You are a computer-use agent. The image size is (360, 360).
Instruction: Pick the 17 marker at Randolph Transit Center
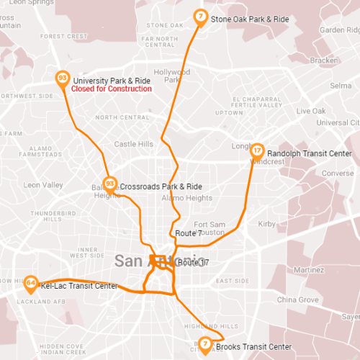(x=257, y=151)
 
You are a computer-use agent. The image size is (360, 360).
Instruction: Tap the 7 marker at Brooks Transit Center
(x=205, y=345)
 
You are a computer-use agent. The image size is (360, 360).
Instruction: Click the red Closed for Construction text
(x=112, y=89)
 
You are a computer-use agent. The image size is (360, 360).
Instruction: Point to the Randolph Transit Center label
(x=309, y=154)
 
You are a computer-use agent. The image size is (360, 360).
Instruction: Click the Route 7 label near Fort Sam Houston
(x=187, y=233)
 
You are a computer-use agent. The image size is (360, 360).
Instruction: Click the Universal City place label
(x=333, y=123)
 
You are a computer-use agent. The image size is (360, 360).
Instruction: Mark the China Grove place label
(x=297, y=299)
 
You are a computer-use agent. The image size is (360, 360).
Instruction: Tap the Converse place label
(x=338, y=174)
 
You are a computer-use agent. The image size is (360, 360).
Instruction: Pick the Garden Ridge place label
(x=339, y=30)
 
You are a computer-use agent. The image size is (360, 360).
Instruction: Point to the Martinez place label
(x=310, y=269)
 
